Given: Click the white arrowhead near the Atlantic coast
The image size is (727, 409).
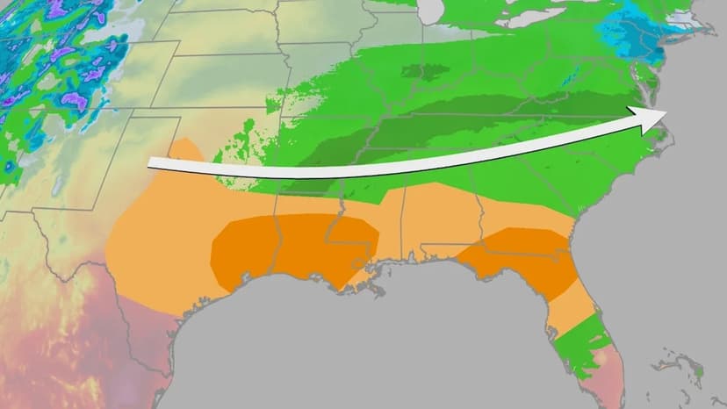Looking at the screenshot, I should [x=651, y=118].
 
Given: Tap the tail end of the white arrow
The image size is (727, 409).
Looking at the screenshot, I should [x=151, y=163].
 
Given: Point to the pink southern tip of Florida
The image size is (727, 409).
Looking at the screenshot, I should [x=597, y=369].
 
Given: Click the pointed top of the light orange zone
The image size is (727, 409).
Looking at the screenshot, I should [x=181, y=140].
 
